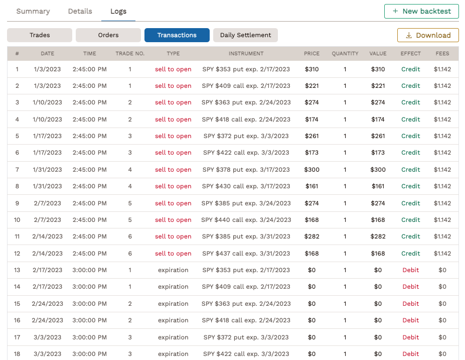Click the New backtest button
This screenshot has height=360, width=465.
click(x=421, y=11)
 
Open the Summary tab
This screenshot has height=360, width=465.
click(x=33, y=11)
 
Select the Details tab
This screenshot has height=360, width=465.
click(x=80, y=11)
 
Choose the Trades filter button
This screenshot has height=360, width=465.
click(x=40, y=35)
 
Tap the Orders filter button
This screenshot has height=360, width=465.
click(x=108, y=35)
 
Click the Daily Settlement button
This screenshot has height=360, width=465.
click(x=245, y=35)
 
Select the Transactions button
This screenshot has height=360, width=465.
click(x=177, y=35)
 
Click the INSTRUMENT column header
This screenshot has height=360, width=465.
click(x=246, y=53)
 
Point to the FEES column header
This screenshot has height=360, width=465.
click(x=442, y=53)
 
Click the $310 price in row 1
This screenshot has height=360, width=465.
click(x=312, y=69)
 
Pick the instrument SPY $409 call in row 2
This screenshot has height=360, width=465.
click(x=246, y=86)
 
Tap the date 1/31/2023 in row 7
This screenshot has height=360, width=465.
click(x=47, y=170)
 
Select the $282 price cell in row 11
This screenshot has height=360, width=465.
click(x=312, y=236)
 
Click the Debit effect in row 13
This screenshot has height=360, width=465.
click(x=410, y=270)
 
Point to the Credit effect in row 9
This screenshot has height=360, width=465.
click(x=410, y=203)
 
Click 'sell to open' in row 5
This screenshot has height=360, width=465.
click(x=173, y=136)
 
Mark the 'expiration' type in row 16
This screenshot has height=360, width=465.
click(x=173, y=320)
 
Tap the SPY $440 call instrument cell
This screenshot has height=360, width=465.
click(x=246, y=220)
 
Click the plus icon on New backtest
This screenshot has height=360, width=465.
click(x=395, y=11)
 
